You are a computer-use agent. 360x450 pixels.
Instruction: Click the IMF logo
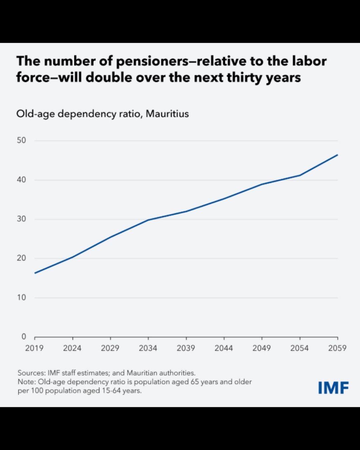[x=333, y=388]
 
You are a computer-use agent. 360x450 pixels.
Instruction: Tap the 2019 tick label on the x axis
[x=34, y=348]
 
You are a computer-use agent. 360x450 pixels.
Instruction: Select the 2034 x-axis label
[x=148, y=348]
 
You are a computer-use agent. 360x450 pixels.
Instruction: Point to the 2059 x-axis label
[x=337, y=348]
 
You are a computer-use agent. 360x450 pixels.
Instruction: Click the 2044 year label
[x=224, y=348]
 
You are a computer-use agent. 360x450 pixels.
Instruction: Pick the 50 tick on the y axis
[x=21, y=140]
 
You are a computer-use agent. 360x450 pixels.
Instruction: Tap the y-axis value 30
[x=21, y=219]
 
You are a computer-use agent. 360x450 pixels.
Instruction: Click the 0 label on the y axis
[x=24, y=337]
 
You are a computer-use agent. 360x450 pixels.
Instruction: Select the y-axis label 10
[x=21, y=297]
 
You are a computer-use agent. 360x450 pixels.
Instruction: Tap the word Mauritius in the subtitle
[x=167, y=114]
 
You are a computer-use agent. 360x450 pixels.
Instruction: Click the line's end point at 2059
[x=337, y=155]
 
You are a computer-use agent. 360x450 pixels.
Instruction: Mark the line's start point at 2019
[x=35, y=273]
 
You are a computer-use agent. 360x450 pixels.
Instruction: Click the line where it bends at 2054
[x=300, y=175]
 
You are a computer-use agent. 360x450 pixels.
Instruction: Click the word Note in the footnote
[x=26, y=382]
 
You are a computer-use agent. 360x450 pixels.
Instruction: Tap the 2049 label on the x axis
[x=262, y=348]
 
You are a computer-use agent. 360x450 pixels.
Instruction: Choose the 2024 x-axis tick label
[x=72, y=348]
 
